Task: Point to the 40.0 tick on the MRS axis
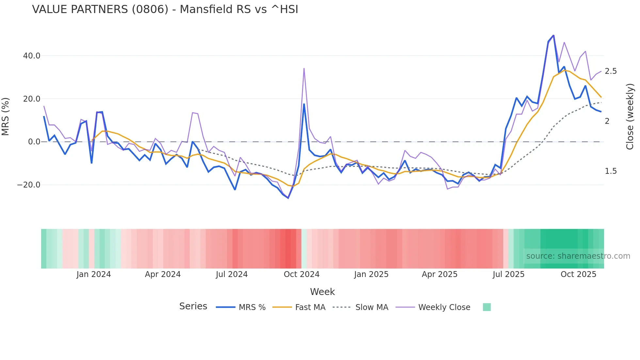click(x=32, y=56)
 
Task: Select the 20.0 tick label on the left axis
click(x=32, y=99)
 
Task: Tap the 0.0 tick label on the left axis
click(x=34, y=142)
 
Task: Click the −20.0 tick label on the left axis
click(x=29, y=185)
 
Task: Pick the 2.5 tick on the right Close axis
click(x=611, y=71)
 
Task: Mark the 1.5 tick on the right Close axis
click(x=611, y=171)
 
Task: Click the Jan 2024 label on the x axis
click(x=94, y=274)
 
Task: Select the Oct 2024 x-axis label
click(x=301, y=274)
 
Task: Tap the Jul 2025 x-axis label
click(x=508, y=274)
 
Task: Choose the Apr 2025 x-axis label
click(x=440, y=274)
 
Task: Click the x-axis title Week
click(x=322, y=292)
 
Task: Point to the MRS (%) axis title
click(x=6, y=116)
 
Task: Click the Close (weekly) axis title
click(x=630, y=116)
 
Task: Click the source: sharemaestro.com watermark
click(x=578, y=256)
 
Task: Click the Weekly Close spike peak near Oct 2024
click(x=304, y=68)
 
